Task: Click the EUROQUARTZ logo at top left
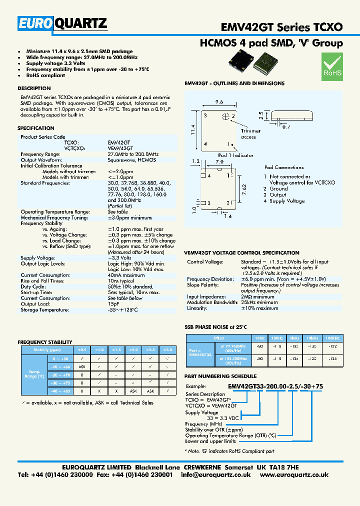62,22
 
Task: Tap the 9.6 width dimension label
218,101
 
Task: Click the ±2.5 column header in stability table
150,350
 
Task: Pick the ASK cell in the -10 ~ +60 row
81,366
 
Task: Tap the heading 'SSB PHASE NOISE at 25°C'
216,327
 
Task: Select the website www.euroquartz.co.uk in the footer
294,475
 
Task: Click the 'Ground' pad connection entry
278,189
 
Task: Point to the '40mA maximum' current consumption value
126,275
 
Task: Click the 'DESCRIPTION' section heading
34,88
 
